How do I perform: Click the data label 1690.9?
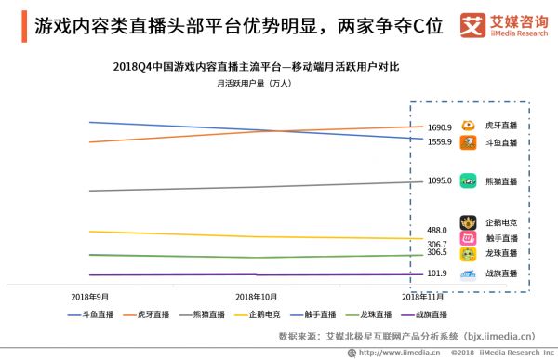(439, 127)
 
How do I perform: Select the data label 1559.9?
(439, 142)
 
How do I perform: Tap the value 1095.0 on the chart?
(439, 181)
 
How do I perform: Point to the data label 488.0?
(437, 230)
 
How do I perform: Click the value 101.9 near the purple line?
(437, 273)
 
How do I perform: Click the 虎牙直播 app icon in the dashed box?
(470, 125)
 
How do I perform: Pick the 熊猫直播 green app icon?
(470, 181)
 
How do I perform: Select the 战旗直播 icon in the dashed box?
(470, 273)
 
